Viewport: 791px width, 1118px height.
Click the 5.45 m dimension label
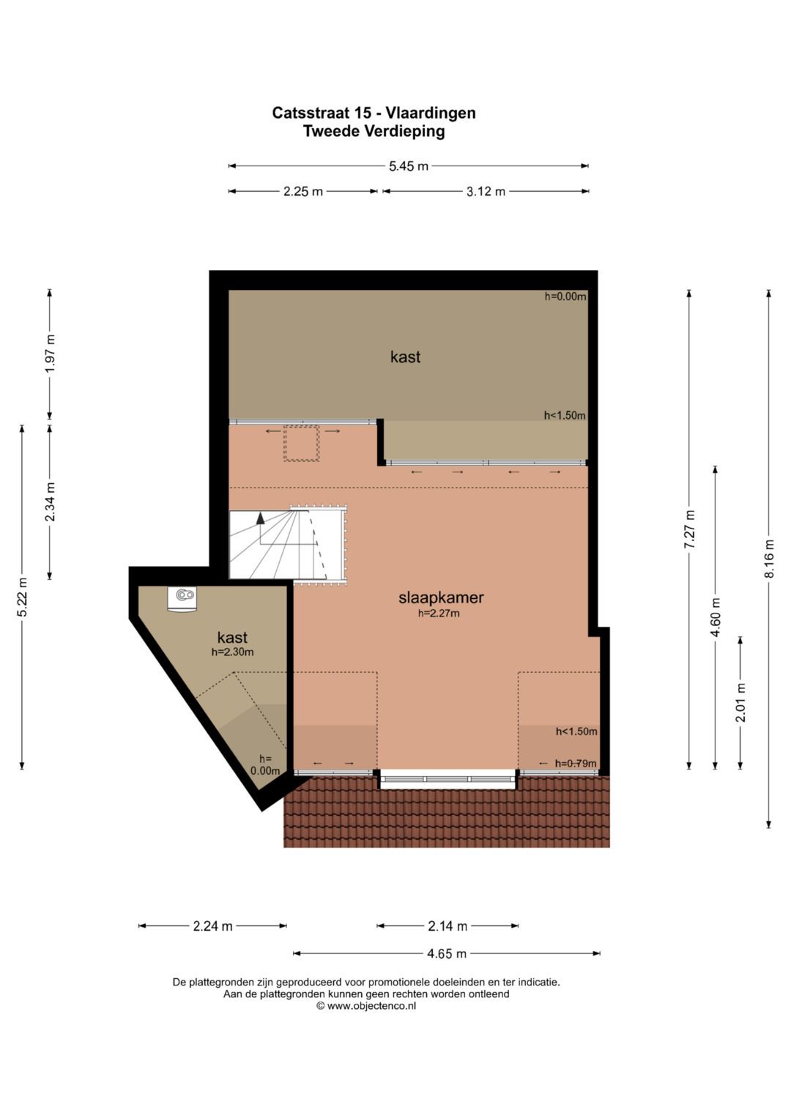(409, 166)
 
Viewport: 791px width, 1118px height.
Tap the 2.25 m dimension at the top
(303, 192)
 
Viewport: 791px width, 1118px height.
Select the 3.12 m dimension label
(486, 192)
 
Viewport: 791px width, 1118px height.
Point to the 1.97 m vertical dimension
(50, 354)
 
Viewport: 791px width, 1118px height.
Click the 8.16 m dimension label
(769, 559)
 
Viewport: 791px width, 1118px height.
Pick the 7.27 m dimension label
(690, 529)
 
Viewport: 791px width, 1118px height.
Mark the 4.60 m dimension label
(716, 617)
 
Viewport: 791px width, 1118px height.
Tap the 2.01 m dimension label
(740, 702)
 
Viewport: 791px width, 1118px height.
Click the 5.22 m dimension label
(23, 597)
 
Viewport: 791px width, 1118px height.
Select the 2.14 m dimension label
(448, 927)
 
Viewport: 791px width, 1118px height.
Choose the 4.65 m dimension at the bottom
(447, 954)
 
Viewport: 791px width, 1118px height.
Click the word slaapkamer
(441, 597)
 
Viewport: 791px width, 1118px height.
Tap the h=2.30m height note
(233, 652)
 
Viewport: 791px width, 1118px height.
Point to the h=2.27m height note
(439, 614)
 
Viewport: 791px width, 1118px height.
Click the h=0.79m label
(576, 763)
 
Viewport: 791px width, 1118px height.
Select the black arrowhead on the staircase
(260, 518)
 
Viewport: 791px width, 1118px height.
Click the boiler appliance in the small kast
(182, 598)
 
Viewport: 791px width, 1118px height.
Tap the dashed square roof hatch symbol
(302, 443)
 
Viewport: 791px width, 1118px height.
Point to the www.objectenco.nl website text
(371, 1006)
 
